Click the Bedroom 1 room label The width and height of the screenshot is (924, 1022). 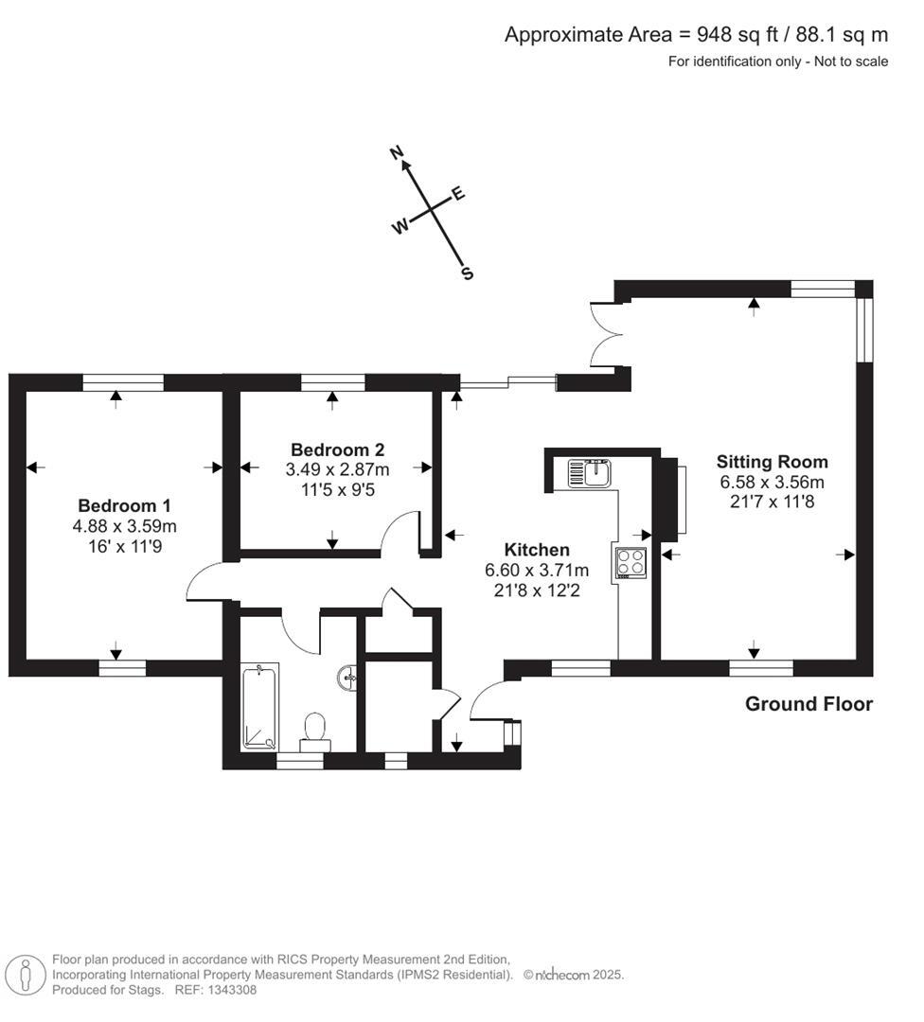point(124,505)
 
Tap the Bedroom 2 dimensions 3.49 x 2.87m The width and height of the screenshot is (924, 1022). point(337,468)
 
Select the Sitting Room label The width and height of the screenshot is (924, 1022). point(772,462)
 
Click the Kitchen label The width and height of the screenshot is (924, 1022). point(537,550)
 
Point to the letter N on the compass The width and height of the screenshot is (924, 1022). point(398,152)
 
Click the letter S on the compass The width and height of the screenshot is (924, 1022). point(467,273)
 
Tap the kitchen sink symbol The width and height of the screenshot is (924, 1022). point(590,472)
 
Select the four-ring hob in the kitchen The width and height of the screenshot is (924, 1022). point(631,563)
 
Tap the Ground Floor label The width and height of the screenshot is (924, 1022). point(808,704)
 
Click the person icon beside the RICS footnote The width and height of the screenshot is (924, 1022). point(26,974)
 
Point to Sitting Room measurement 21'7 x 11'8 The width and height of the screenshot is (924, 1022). point(772,502)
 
